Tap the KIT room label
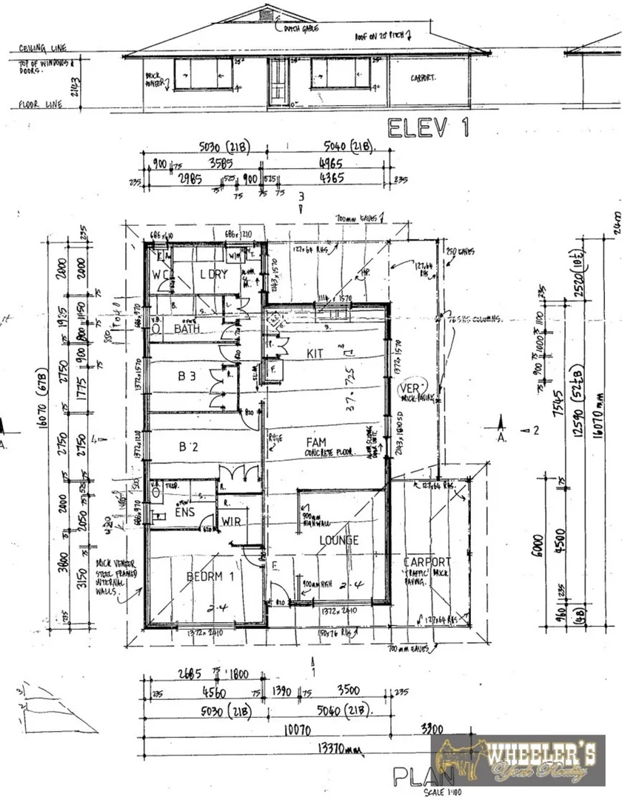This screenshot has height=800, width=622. click(315, 354)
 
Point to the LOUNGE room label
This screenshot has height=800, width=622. click(340, 540)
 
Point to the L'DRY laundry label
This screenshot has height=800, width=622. click(213, 274)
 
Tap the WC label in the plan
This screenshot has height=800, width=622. click(160, 275)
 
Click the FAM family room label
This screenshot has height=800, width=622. click(316, 442)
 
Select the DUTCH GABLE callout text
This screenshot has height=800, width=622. click(298, 30)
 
